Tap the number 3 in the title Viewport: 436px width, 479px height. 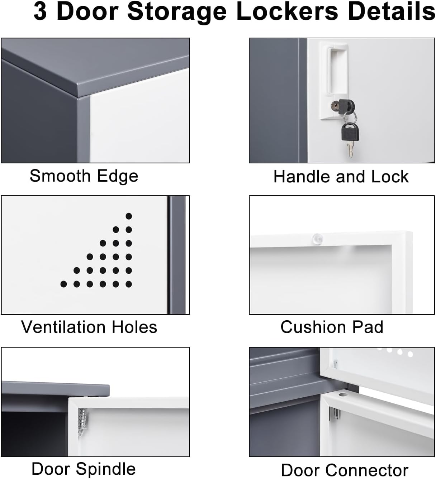tap(40, 11)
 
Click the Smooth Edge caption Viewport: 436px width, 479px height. tap(84, 176)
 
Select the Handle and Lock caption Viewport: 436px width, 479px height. tap(341, 177)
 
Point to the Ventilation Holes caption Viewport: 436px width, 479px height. tap(89, 327)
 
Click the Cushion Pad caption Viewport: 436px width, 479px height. tap(332, 327)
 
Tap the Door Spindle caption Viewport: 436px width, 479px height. tap(84, 469)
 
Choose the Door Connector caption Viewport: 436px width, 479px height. tap(344, 470)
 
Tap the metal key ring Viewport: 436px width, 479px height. tap(350, 117)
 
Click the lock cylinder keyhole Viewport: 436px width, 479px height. tap(335, 106)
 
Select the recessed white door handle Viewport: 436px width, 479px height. tap(337, 72)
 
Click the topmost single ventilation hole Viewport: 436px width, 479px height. tap(129, 216)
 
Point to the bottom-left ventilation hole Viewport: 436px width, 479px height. tap(63, 284)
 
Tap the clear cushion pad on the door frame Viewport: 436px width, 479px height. tap(317, 239)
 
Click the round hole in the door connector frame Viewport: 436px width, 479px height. tap(343, 394)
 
